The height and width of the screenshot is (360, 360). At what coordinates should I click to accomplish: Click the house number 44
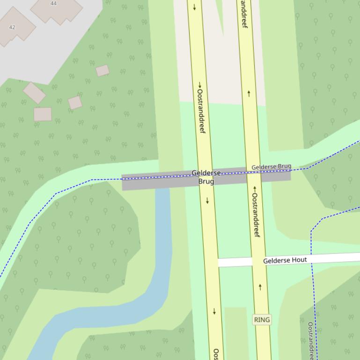click(x=53, y=3)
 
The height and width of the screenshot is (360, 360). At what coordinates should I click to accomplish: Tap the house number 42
click(x=12, y=27)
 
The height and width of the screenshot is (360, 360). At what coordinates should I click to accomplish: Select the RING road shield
click(x=262, y=320)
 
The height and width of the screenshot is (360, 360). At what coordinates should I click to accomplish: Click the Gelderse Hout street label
click(x=285, y=260)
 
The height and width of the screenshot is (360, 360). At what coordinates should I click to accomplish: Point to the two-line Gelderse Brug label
click(x=206, y=177)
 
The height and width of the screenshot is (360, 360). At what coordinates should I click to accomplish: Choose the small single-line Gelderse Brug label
click(x=271, y=167)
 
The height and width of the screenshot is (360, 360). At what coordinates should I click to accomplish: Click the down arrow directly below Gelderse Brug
click(x=207, y=201)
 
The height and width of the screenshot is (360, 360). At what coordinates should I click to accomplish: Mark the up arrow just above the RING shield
click(x=260, y=287)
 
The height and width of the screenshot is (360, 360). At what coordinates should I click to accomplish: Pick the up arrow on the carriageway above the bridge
click(x=249, y=94)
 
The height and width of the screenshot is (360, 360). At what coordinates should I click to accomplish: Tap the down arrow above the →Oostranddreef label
click(x=194, y=7)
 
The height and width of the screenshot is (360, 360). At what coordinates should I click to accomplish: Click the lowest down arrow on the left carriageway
click(x=214, y=311)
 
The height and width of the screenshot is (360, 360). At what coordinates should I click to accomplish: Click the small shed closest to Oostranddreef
click(x=103, y=71)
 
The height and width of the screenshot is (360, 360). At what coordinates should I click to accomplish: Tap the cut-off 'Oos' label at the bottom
click(x=216, y=354)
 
